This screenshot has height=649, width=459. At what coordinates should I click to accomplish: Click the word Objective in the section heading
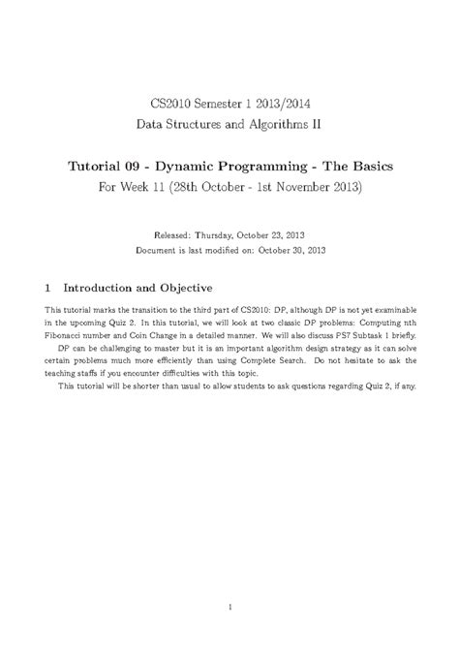(191, 289)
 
